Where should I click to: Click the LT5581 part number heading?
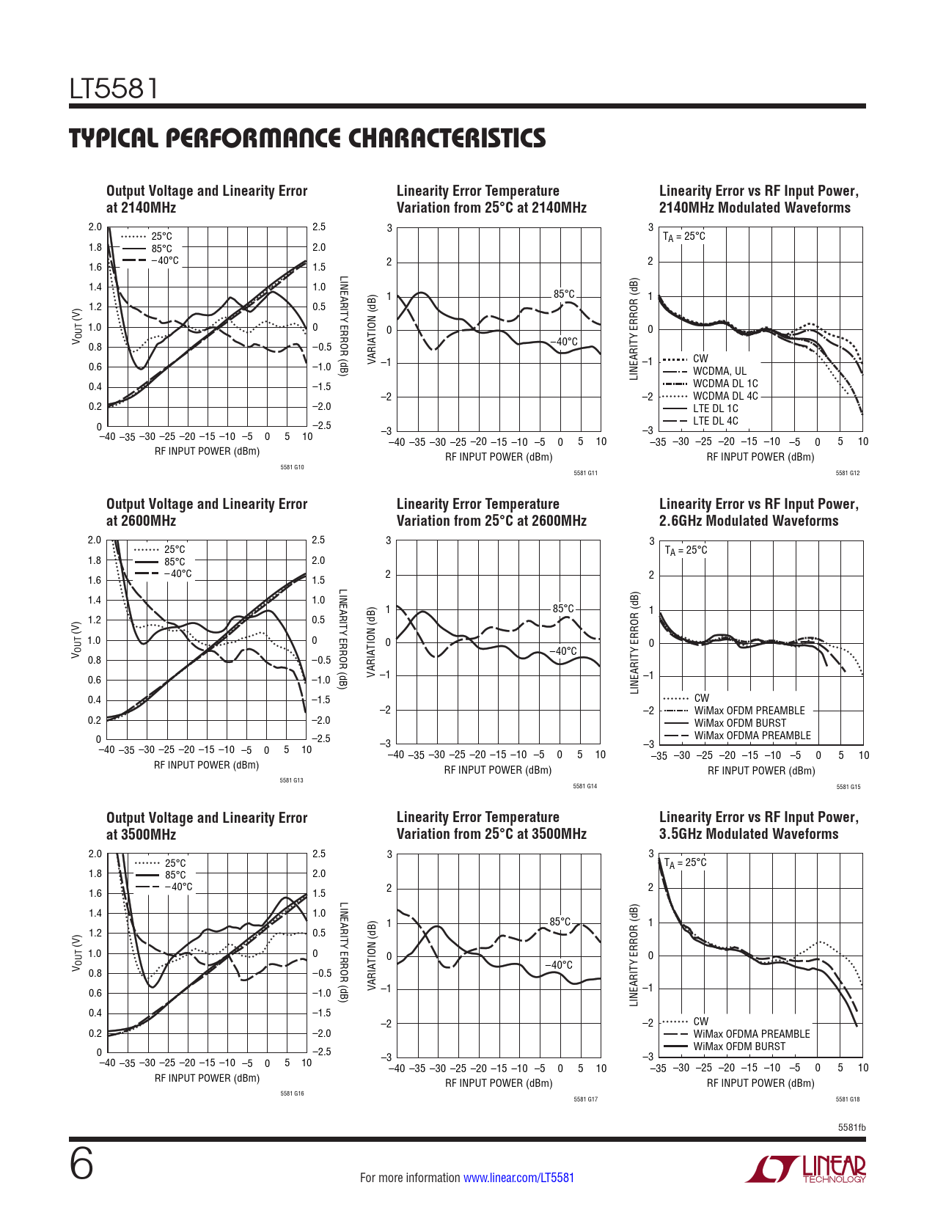114,89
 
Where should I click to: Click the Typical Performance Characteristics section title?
307,138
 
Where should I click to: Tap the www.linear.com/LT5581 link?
518,1178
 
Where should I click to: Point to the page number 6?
81,1165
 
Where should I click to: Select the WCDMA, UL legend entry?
719,371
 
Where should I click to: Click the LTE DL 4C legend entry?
716,421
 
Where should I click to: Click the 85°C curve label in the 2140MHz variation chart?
564,294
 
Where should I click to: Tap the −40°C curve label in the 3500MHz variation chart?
559,965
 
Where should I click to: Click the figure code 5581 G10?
292,467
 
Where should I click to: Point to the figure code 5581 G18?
848,1099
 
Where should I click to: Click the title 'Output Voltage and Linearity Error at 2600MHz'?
207,512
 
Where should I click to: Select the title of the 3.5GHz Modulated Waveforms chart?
758,825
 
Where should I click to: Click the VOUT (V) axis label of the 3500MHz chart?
76,953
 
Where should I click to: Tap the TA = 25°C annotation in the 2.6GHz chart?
686,550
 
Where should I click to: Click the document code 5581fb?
851,1127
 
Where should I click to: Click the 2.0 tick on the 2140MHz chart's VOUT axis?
95,227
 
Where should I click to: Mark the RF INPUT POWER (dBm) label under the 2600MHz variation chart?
498,770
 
